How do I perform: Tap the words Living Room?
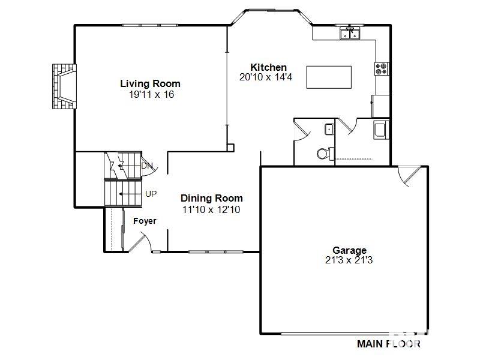[x=150, y=84]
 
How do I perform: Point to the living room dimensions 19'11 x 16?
[x=151, y=95]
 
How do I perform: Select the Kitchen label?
[x=268, y=67]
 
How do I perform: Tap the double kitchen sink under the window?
[x=349, y=34]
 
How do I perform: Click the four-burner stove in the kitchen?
[x=382, y=68]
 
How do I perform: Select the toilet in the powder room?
[x=325, y=153]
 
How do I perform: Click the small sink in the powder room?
[x=328, y=129]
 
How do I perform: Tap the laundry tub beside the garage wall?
[x=380, y=130]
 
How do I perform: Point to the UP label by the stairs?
[x=152, y=194]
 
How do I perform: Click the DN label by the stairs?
[x=147, y=166]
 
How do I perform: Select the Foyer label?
[x=145, y=221]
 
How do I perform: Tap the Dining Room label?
[x=212, y=199]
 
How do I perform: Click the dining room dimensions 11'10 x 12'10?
[x=211, y=210]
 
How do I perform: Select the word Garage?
[x=350, y=250]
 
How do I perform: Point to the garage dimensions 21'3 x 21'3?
[x=349, y=260]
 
